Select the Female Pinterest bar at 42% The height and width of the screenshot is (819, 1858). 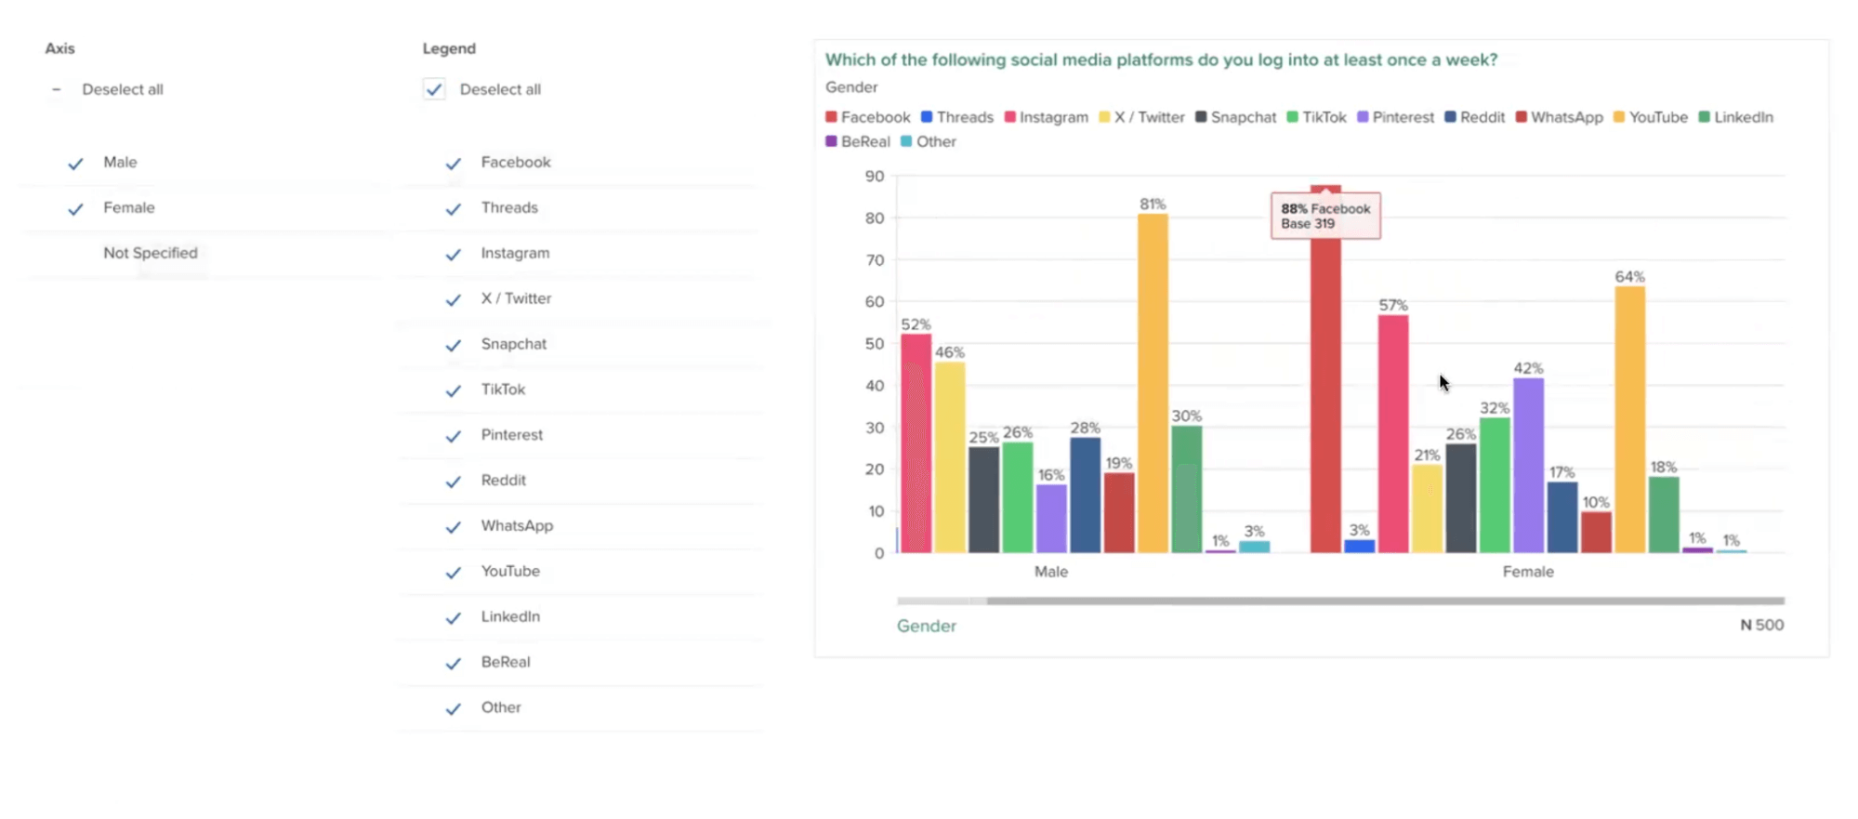point(1528,465)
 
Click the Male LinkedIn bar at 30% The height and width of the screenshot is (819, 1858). point(1186,489)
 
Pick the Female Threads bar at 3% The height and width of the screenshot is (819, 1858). point(1359,547)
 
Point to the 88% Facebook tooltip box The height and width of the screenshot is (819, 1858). point(1325,216)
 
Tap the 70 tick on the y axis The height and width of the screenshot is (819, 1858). point(875,260)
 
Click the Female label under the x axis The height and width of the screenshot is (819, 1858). point(1527,572)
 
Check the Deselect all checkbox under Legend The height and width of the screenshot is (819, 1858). point(434,89)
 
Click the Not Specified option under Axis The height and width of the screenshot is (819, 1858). point(151,253)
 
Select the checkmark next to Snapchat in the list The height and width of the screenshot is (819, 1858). point(454,345)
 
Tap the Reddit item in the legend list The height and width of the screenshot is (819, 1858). point(503,480)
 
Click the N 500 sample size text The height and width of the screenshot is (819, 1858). point(1761,625)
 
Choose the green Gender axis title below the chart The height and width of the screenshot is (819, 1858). point(926,626)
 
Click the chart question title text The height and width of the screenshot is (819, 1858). point(1161,59)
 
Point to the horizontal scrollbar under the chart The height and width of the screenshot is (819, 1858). point(1385,601)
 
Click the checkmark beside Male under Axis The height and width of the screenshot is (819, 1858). point(76,164)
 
